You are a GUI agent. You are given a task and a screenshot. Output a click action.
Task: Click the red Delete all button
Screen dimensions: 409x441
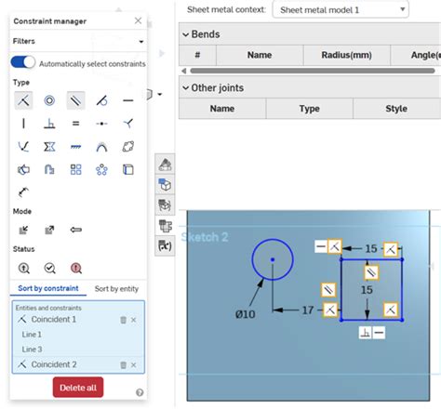coord(78,388)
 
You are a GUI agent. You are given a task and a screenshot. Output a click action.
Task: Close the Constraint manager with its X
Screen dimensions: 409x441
coord(139,20)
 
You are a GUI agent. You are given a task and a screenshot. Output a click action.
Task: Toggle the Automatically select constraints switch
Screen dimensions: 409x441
coord(23,62)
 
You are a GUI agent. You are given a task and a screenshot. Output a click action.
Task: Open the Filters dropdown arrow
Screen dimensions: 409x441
coord(140,42)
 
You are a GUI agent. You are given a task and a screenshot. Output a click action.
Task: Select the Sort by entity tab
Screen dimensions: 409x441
coord(116,289)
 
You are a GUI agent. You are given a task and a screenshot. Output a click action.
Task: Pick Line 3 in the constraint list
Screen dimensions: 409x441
coord(33,349)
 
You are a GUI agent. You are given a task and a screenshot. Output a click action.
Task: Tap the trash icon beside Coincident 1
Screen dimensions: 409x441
coord(123,320)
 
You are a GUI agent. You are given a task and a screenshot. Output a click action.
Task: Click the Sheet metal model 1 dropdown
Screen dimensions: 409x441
coord(340,9)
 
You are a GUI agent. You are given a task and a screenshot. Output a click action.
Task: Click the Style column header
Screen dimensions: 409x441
coord(396,109)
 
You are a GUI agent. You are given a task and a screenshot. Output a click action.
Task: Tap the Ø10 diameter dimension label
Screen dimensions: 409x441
coord(245,314)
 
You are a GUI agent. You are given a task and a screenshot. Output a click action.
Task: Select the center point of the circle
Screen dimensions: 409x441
coord(273,259)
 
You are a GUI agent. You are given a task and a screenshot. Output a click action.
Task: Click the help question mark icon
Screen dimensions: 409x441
coord(140,393)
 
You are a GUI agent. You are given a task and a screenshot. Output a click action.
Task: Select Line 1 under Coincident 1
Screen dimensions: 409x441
coord(33,335)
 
